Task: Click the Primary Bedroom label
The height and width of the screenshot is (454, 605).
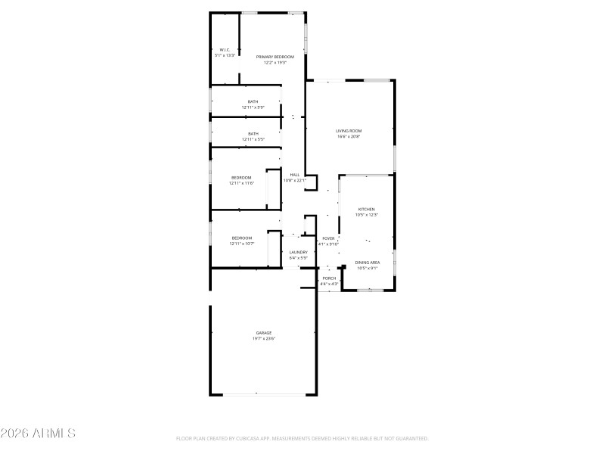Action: point(275,57)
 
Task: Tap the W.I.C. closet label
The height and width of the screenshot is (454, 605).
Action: point(225,50)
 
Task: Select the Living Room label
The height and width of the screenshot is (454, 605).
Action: point(349,131)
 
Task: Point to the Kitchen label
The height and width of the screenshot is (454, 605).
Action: point(366,209)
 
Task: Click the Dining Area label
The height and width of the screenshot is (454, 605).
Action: point(368,263)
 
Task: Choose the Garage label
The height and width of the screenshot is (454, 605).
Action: point(263,333)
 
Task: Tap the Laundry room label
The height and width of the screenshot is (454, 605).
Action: point(298,252)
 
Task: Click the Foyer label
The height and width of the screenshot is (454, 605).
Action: point(328,238)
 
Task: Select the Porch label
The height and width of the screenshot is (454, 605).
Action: point(329,278)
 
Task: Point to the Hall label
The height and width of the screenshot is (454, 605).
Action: point(295,175)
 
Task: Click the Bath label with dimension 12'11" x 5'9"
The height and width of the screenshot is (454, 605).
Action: point(253,101)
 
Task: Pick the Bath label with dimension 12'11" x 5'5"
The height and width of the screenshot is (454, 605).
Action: point(253,134)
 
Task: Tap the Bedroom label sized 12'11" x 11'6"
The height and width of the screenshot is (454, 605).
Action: point(241,178)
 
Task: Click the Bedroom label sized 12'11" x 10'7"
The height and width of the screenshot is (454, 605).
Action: point(241,238)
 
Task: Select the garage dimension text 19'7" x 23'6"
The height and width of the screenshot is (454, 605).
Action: point(263,338)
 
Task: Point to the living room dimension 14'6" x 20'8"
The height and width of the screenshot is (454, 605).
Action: point(349,136)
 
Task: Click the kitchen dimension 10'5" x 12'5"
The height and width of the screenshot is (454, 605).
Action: point(366,214)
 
